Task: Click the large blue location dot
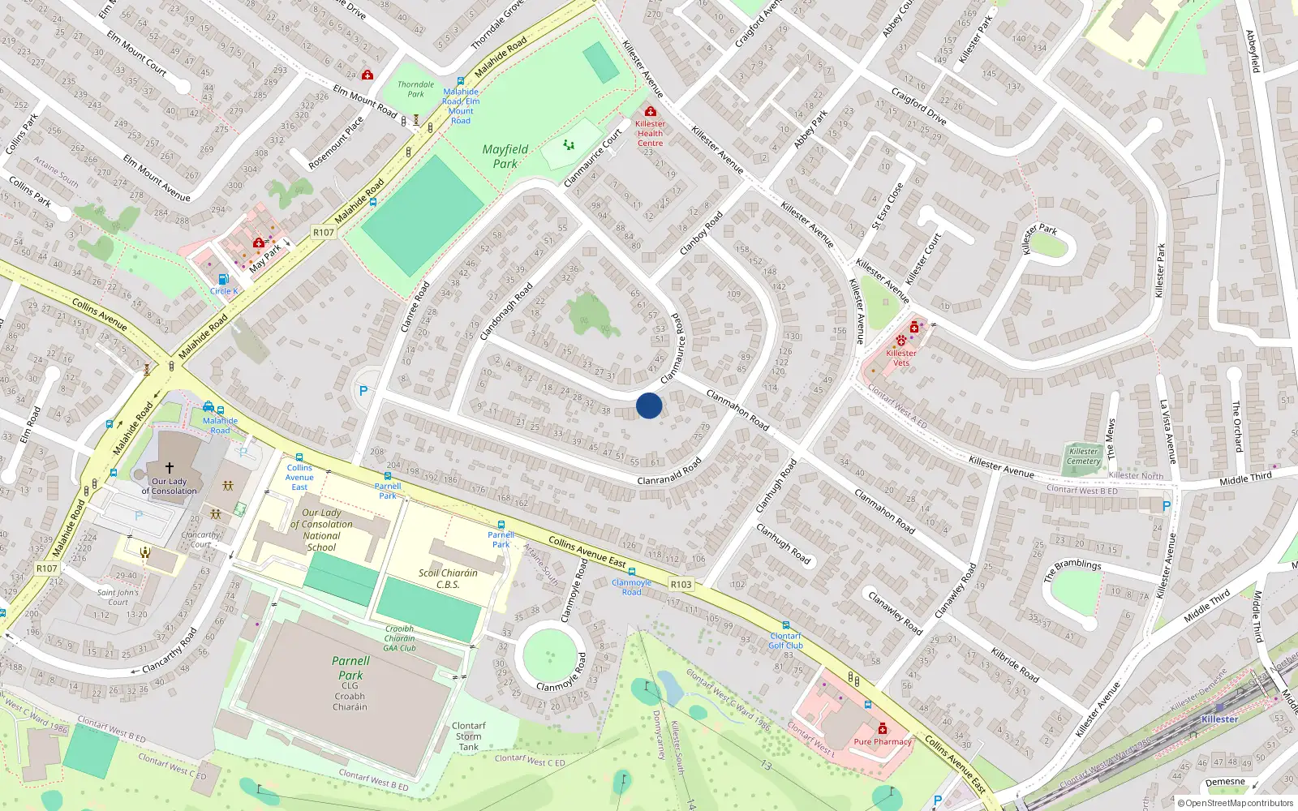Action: pos(649,405)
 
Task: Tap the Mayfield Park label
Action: pos(505,157)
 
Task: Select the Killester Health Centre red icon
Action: pos(650,111)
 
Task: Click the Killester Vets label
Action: pos(901,358)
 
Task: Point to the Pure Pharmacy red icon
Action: pos(883,728)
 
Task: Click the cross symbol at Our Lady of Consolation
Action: pos(170,468)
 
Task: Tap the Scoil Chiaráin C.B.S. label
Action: pos(448,578)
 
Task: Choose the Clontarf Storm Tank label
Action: pos(469,736)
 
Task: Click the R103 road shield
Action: pos(681,584)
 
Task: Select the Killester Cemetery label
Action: pos(1083,457)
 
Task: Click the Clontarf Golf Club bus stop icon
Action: pos(786,625)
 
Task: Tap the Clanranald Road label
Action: pos(669,471)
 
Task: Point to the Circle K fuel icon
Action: pos(223,279)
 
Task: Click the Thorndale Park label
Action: pos(415,89)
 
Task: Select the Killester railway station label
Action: pos(1219,719)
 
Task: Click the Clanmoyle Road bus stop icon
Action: pos(631,572)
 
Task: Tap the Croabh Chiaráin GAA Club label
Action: pos(400,638)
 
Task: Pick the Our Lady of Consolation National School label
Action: pos(321,530)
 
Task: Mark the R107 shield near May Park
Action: pos(324,232)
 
